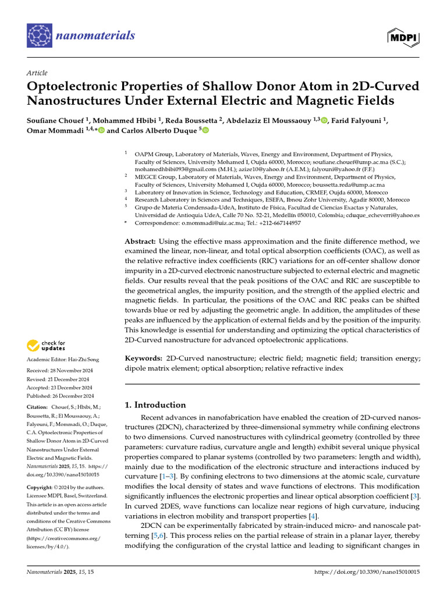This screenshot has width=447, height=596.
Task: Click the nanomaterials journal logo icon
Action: (39, 36)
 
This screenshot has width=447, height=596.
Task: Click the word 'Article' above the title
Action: (37, 73)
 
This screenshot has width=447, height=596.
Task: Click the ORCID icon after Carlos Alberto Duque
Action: (204, 130)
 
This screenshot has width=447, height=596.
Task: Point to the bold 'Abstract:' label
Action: (140, 241)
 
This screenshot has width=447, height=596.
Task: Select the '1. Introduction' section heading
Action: (155, 405)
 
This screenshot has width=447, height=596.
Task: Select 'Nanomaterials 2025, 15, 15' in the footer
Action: (61, 573)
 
